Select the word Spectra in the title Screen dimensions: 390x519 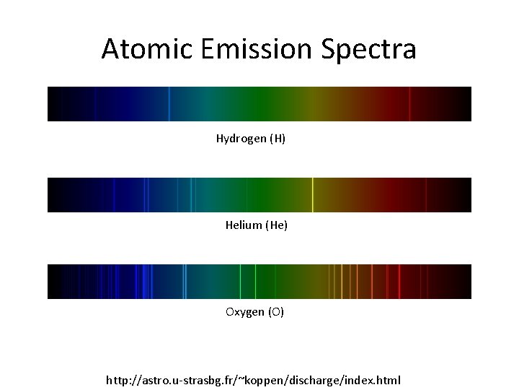point(368,49)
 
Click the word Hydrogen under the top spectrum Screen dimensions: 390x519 point(241,138)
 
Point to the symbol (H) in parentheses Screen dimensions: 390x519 point(278,138)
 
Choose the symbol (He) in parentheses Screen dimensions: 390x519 point(277,225)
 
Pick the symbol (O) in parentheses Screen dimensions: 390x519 point(277,312)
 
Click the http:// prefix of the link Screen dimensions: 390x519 point(123,380)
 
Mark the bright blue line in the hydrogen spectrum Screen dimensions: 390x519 point(169,104)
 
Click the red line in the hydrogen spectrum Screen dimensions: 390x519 point(409,104)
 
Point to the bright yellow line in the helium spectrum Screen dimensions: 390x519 point(312,195)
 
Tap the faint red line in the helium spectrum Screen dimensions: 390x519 point(426,195)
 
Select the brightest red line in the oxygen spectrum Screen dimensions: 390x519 point(400,282)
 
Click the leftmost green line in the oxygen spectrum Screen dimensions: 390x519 point(240,282)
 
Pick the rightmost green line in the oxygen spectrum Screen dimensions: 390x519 point(255,282)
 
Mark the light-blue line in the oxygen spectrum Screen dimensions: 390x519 point(185,282)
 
